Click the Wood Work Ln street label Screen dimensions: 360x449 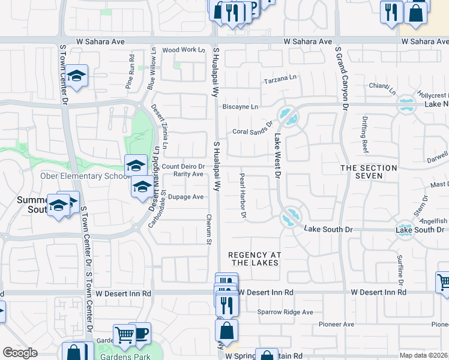[183, 50]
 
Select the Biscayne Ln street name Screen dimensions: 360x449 [240, 107]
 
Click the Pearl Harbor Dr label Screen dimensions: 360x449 [243, 196]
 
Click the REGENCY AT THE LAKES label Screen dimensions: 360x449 [254, 259]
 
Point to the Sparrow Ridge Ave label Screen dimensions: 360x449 [285, 312]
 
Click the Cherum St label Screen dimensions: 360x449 [209, 229]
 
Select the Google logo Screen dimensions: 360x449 [20, 353]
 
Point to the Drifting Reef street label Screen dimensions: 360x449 [364, 133]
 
